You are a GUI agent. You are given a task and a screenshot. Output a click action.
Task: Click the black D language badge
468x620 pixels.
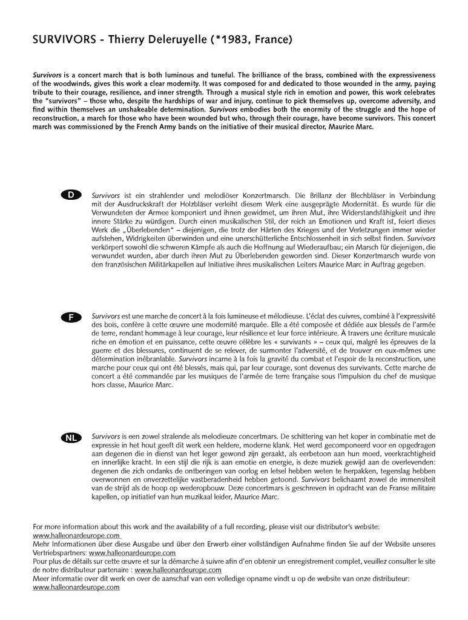pos(71,195)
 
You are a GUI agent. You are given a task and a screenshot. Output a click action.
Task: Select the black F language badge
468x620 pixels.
pos(71,317)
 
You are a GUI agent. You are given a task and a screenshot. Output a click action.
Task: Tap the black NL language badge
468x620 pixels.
pos(71,438)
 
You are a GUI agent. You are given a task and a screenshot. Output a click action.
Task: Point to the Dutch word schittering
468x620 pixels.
pos(315,435)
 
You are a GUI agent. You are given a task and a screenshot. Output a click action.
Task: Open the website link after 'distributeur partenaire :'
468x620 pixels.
pos(178,570)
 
